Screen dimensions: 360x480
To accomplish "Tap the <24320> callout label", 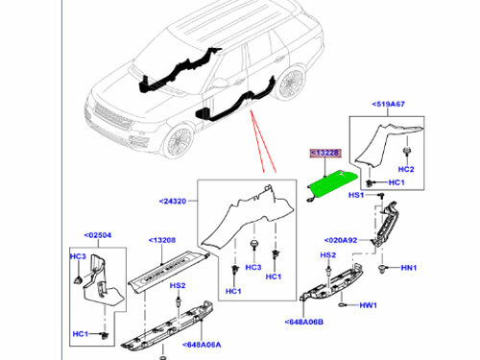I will pyautogui.click(x=175, y=202).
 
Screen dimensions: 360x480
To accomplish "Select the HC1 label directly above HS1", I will pyautogui.click(x=396, y=182).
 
